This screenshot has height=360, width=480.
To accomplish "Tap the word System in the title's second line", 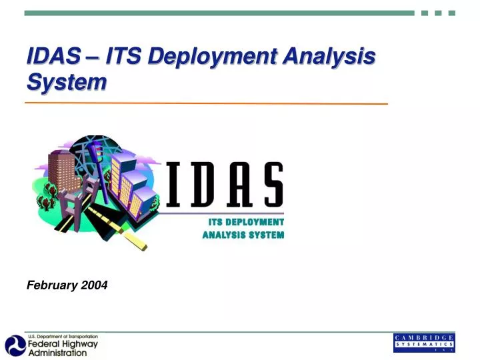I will [66, 82].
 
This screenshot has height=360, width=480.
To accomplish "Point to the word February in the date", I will [52, 285].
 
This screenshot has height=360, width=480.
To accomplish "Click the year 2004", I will [94, 285].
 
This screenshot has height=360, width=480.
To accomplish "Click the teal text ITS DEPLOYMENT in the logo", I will [246, 222].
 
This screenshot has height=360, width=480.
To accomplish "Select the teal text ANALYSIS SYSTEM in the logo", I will [243, 235].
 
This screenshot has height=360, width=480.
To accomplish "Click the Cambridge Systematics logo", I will [424, 342].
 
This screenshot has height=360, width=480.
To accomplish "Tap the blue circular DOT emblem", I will [15, 345].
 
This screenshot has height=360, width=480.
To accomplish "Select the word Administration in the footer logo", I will [57, 353].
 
